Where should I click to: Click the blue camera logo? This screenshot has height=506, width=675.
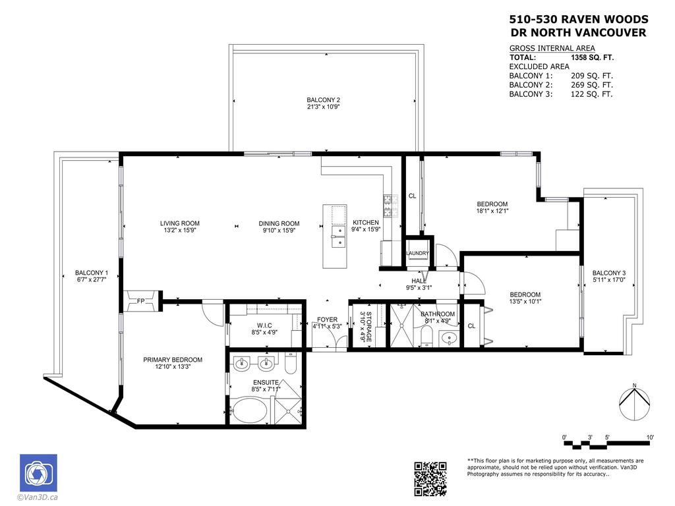(38, 473)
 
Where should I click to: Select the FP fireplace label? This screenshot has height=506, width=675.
(140, 301)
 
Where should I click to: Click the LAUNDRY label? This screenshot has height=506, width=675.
(418, 253)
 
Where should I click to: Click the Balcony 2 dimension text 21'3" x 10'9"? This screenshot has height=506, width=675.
(323, 107)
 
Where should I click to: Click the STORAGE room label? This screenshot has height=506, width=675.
(369, 326)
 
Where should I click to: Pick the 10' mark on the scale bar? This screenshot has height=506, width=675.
(650, 437)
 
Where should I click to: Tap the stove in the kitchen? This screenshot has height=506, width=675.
(388, 206)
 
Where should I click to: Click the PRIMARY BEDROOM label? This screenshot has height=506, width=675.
(173, 360)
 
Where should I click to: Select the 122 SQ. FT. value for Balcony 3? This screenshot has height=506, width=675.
(592, 94)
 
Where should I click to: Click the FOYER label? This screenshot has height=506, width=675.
(327, 320)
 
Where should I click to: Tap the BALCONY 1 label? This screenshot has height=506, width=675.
(91, 273)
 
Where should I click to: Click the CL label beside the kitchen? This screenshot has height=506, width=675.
(412, 196)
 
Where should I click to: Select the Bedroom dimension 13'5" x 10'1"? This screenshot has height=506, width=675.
(525, 302)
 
